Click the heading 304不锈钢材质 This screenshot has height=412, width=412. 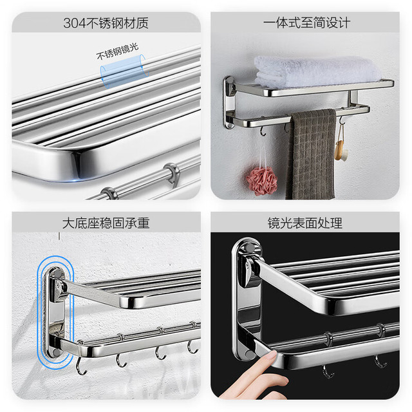coord(106,23)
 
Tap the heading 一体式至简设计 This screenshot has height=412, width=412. coord(306,23)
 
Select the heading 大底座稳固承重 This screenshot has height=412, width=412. coord(106,223)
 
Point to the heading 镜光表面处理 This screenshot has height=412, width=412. coord(305,223)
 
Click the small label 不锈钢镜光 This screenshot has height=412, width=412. coord(117,51)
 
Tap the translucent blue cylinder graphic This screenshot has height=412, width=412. coord(123,71)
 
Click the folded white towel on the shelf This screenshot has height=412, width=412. coord(317,71)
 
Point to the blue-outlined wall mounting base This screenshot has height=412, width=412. coord(55,312)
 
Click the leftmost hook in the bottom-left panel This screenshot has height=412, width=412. coord(81,366)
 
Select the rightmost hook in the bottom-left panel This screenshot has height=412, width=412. coord(192,346)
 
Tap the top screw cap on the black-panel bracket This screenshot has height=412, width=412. coord(249,247)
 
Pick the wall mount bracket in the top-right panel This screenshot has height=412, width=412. coord(229,102)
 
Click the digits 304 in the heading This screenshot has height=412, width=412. coord(75,23)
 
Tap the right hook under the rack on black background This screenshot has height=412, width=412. coord(380,362)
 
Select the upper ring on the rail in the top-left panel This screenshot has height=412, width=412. coord(172,172)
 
